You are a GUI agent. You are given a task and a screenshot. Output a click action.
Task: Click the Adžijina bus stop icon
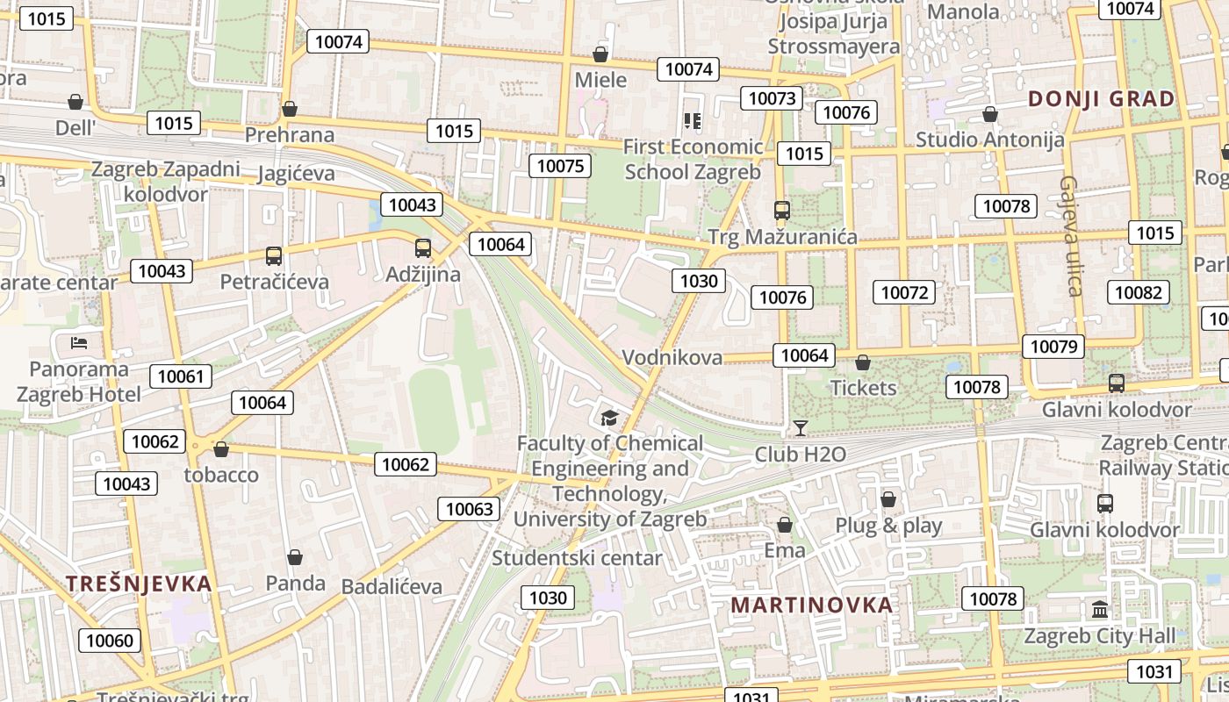click(x=423, y=247)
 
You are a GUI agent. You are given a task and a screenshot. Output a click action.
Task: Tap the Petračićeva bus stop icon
click(x=274, y=256)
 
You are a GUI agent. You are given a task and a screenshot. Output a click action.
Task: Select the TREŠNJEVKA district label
click(x=139, y=584)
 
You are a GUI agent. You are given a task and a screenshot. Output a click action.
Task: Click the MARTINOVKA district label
click(x=812, y=605)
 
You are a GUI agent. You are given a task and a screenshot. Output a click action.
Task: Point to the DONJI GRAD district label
click(x=1101, y=98)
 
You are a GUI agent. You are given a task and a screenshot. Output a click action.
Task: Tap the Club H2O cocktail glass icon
click(x=800, y=428)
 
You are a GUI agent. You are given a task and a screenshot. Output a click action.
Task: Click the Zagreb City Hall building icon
click(x=1099, y=609)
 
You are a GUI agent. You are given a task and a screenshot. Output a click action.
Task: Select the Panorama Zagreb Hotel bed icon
click(x=79, y=342)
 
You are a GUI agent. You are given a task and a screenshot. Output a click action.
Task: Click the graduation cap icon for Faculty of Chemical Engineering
click(x=609, y=418)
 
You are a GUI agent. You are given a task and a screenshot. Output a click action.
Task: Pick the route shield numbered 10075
click(x=560, y=166)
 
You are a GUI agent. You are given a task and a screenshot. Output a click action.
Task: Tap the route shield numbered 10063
click(x=470, y=509)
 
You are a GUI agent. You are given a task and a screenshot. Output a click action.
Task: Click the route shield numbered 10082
click(x=1139, y=292)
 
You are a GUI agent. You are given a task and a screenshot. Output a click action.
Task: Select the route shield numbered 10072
click(x=904, y=292)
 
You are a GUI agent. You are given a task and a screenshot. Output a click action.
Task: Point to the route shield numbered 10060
click(x=110, y=641)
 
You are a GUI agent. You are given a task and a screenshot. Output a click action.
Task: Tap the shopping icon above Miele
click(x=600, y=54)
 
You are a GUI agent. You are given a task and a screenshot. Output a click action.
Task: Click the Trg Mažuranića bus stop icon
click(x=782, y=211)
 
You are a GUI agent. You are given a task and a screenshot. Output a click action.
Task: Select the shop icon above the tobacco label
click(x=221, y=449)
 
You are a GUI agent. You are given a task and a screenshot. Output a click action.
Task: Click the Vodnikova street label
click(x=672, y=357)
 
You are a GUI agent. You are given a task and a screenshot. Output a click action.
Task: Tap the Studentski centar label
click(x=577, y=558)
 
